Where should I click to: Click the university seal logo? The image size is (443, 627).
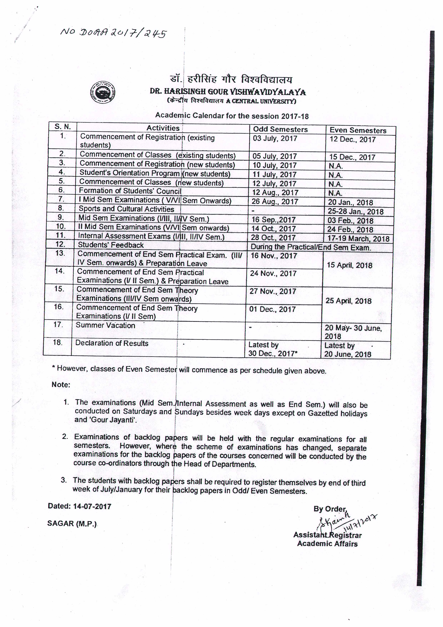[x=103, y=92]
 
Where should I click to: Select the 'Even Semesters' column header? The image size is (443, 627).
[x=358, y=130]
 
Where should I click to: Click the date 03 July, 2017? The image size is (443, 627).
[x=275, y=138]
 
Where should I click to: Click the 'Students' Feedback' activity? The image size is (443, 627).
[x=111, y=245]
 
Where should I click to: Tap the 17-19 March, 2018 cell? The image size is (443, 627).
[x=358, y=238]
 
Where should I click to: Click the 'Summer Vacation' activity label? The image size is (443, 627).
[x=105, y=325]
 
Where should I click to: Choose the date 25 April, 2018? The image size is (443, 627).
[x=348, y=301]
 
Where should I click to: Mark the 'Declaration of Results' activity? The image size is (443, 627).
[x=112, y=343]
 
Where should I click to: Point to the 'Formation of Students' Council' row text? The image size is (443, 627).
[x=130, y=191]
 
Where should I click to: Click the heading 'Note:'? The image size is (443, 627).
[x=61, y=385]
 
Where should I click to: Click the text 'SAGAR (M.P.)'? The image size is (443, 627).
[x=72, y=523]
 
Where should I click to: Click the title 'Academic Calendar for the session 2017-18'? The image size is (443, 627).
[x=232, y=116]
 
